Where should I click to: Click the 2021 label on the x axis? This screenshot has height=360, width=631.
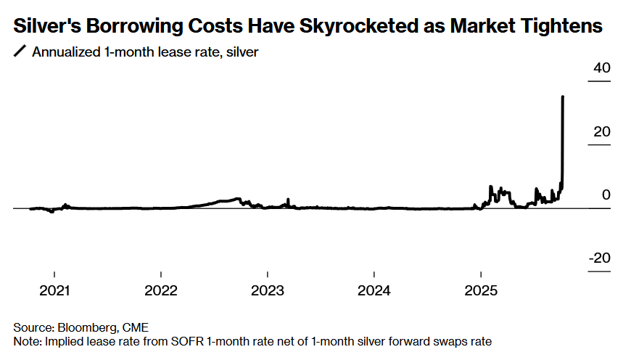point(54,291)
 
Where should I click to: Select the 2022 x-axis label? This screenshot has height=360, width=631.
point(161,291)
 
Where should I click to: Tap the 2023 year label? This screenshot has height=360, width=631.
point(268,291)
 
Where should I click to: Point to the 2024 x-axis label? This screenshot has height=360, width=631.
point(374,291)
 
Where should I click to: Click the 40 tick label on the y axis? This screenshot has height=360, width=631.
point(602,68)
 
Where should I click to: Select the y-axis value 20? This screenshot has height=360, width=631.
point(602,132)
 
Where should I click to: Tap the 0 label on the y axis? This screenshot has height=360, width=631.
point(606,195)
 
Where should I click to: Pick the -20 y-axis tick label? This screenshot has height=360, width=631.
point(600,259)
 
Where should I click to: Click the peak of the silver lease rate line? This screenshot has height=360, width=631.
point(564,97)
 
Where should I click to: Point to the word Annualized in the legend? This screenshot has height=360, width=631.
point(63,52)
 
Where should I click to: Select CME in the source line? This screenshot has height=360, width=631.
point(134,327)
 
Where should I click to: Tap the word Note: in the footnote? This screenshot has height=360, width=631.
point(28,340)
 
